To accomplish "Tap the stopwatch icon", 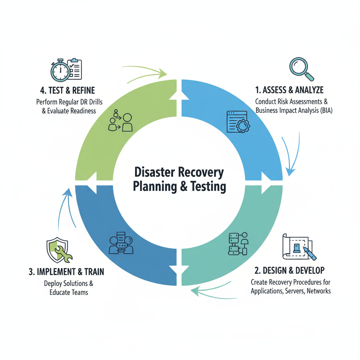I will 60,70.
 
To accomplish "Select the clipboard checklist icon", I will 74,69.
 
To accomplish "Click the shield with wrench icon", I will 58,250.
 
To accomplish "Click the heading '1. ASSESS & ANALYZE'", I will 289,90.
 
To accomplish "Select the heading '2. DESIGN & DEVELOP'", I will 289,270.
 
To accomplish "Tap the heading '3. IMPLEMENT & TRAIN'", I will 66,272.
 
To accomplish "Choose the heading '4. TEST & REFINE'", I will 67,90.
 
